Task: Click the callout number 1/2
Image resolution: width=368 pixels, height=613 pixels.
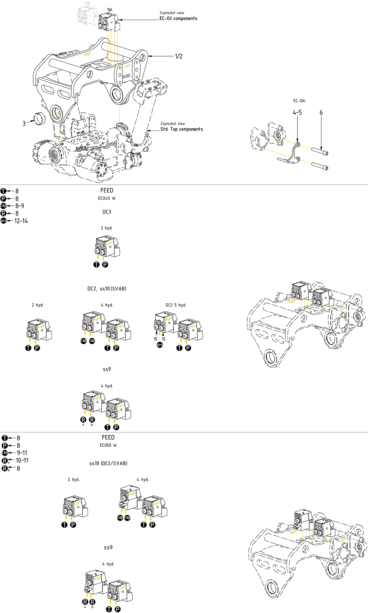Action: coord(179,56)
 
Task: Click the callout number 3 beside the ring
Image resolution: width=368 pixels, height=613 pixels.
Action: coord(24,123)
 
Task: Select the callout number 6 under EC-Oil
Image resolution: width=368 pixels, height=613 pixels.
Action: coord(321,112)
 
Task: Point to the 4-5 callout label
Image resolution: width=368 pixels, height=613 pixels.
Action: coord(297,112)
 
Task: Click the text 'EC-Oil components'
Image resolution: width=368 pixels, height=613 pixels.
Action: coord(178,18)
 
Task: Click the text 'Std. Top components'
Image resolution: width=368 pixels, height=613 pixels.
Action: coord(182,129)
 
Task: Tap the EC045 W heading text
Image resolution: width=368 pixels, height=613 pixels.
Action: coord(107,198)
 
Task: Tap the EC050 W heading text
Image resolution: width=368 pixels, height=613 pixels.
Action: coord(108,445)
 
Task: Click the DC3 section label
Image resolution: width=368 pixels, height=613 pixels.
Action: coord(107,212)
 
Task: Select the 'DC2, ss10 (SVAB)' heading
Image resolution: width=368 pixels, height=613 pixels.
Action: coord(107,288)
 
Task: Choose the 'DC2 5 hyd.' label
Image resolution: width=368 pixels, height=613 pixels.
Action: coord(176,305)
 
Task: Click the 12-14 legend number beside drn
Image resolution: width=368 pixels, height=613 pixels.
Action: coord(21,221)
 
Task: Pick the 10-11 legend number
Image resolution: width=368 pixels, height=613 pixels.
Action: coord(22,460)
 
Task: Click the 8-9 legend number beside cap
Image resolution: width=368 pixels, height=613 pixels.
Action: coord(20,206)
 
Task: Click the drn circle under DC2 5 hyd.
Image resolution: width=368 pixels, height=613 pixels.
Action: coord(160,345)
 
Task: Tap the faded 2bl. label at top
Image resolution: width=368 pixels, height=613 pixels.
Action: coord(88,3)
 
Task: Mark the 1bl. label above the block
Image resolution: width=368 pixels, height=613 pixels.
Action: coord(110,10)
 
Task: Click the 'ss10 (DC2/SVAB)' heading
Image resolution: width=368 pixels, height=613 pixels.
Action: coord(108,463)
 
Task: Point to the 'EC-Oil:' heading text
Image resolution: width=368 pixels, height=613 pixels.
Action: coord(299,101)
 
